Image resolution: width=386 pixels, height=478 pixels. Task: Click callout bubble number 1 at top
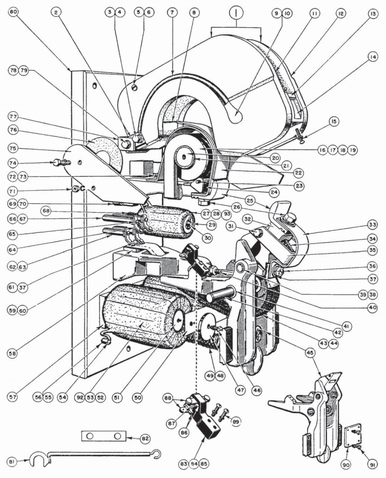pyautogui.click(x=236, y=10)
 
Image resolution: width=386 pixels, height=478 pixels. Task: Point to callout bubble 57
pyautogui.click(x=13, y=397)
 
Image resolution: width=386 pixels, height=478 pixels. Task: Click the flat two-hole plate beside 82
pyautogui.click(x=100, y=436)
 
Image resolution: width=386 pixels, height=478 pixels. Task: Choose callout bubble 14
pyautogui.click(x=372, y=56)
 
